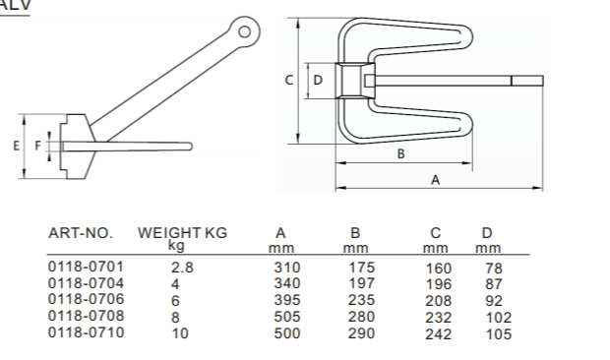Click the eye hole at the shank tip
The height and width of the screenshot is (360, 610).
(244, 31)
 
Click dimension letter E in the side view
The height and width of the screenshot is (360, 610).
(16, 146)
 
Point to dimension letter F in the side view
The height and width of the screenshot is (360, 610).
(37, 146)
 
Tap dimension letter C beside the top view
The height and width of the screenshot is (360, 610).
(289, 80)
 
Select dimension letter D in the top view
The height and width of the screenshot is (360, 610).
(318, 80)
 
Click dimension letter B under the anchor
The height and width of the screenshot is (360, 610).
(401, 154)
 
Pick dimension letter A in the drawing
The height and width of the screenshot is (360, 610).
(436, 180)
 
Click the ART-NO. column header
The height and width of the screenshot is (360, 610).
(81, 233)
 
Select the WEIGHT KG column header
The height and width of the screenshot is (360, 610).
(182, 233)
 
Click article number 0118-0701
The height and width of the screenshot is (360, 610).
(86, 267)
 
